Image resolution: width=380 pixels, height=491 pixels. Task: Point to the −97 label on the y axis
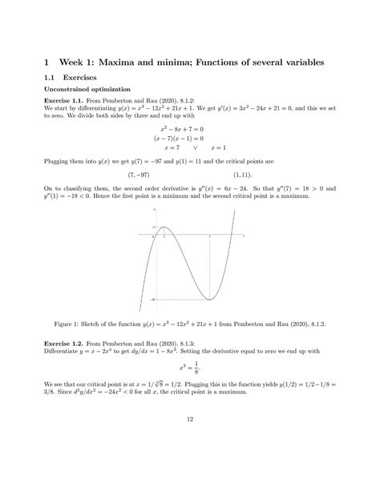pyautogui.click(x=152, y=299)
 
